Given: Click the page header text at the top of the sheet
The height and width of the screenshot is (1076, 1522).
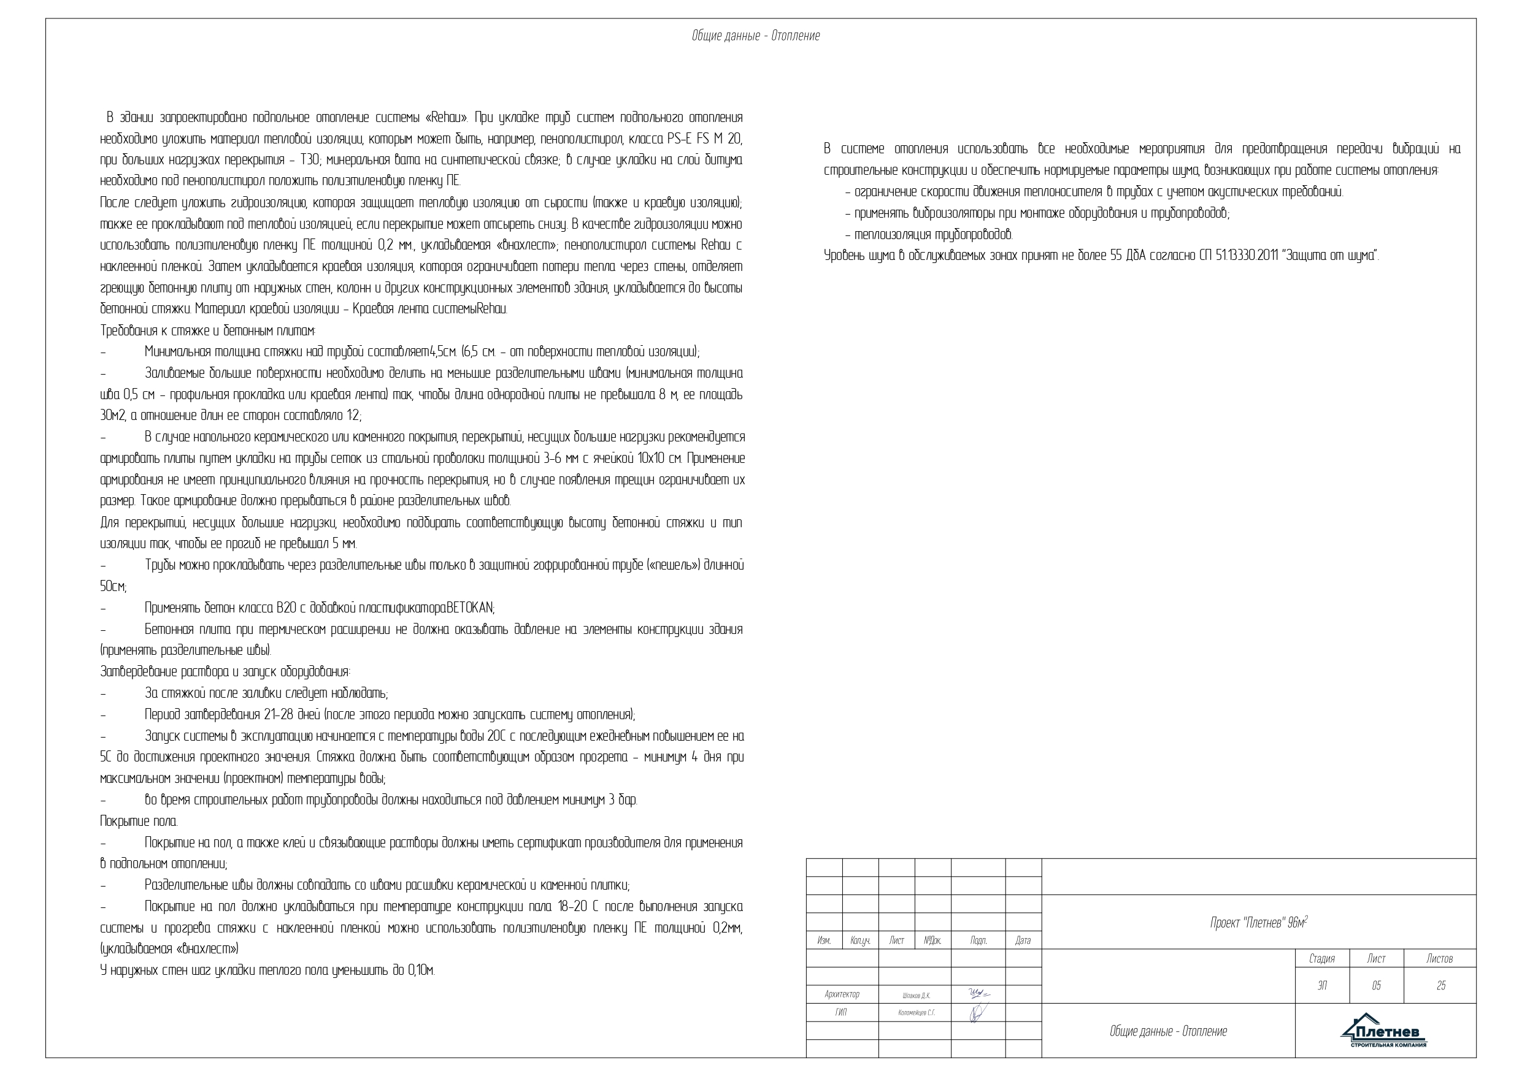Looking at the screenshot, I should (756, 36).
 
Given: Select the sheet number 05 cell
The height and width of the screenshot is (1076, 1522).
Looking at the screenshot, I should (1376, 986).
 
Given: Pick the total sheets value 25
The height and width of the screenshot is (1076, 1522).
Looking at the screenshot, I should (1440, 986).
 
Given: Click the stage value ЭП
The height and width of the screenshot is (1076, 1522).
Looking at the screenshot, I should (1323, 986).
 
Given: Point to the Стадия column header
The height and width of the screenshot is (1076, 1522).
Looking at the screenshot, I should (1322, 959).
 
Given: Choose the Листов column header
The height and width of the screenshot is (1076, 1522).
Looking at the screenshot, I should (1439, 959).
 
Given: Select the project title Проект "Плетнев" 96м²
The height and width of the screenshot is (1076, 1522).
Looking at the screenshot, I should (1258, 923).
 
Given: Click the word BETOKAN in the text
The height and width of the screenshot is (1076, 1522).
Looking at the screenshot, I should (470, 608).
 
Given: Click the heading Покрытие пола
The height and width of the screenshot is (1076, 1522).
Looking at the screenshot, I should (139, 822).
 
